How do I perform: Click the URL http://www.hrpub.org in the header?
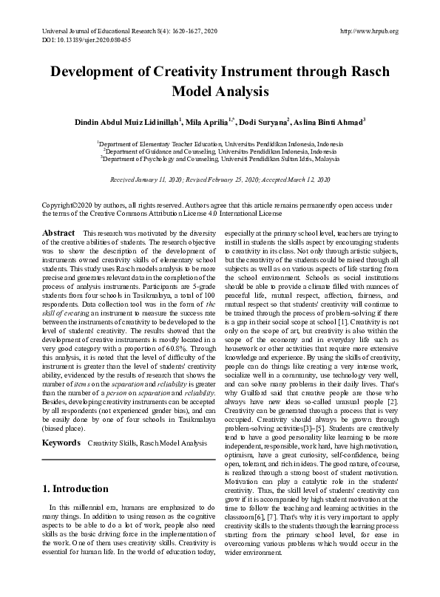(x=368, y=31)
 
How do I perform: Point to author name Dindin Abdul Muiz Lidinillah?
(x=128, y=120)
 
